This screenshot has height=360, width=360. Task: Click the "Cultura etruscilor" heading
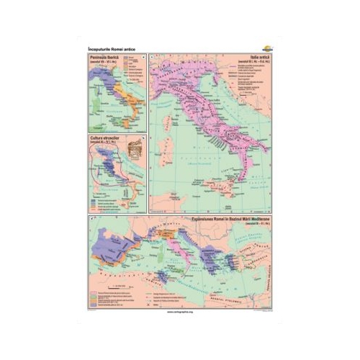[x=103, y=135]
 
